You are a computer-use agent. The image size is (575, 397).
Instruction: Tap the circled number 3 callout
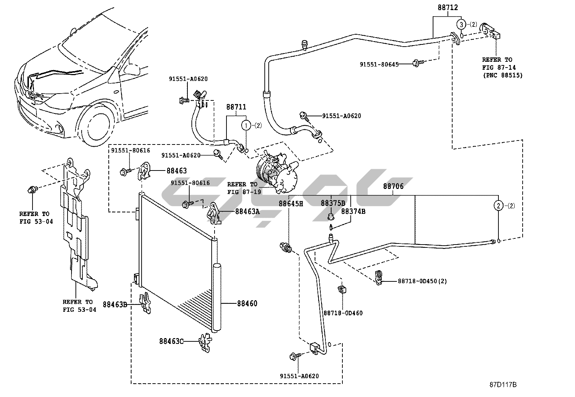[461, 25]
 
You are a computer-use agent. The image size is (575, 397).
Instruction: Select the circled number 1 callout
[246, 125]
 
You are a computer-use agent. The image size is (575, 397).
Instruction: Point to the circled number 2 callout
[498, 206]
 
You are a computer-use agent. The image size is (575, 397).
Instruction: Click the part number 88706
[393, 186]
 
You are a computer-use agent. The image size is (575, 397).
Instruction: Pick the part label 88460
[247, 303]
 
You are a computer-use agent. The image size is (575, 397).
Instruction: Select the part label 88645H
[290, 204]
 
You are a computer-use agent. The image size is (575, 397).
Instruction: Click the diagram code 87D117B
[503, 385]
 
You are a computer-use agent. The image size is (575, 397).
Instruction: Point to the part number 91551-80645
[379, 64]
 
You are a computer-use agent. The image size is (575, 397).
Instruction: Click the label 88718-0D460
[343, 313]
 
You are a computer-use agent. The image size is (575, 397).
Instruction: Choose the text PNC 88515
[504, 75]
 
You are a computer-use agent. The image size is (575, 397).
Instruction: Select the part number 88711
[236, 107]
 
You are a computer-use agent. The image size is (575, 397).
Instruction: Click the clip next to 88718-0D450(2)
[379, 277]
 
